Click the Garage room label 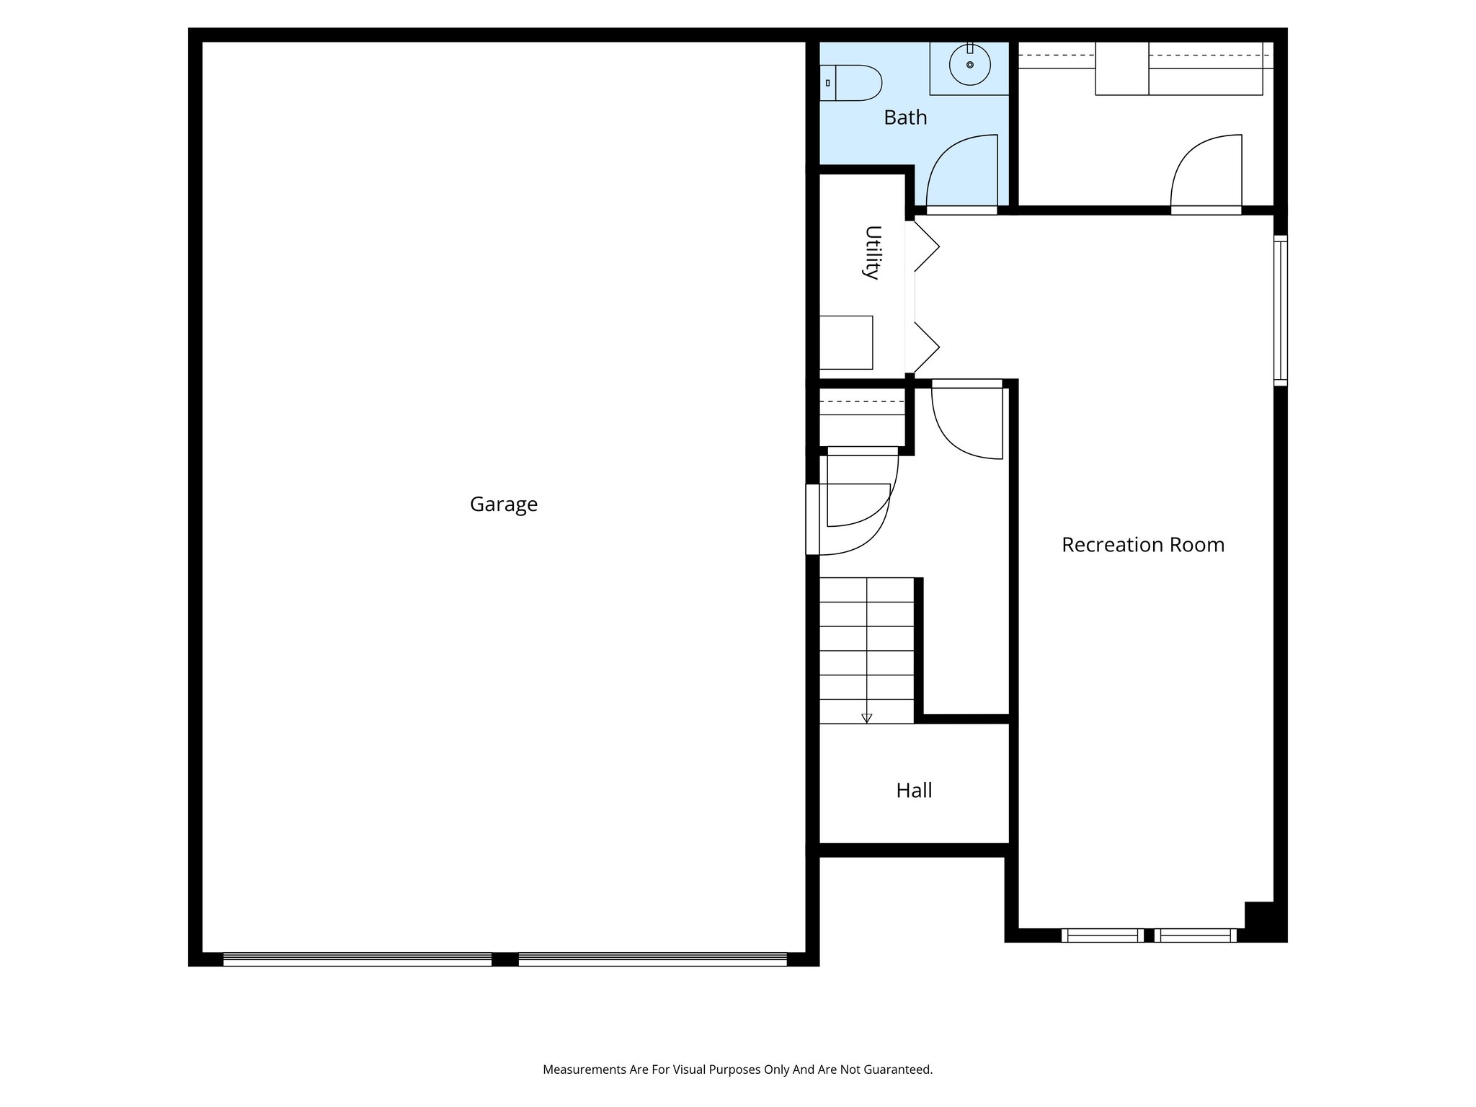click(x=503, y=504)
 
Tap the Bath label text click(x=905, y=117)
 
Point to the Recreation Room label click(x=1142, y=545)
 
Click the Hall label click(x=914, y=791)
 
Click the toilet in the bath click(x=852, y=83)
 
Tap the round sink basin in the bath click(x=969, y=65)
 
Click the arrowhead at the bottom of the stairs click(x=866, y=718)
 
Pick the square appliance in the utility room click(x=846, y=342)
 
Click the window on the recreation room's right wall click(x=1280, y=310)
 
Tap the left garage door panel click(x=357, y=959)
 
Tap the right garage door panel click(x=652, y=959)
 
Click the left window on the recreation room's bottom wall click(x=1102, y=935)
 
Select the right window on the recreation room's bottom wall click(x=1196, y=935)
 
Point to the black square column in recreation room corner click(x=1259, y=915)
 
